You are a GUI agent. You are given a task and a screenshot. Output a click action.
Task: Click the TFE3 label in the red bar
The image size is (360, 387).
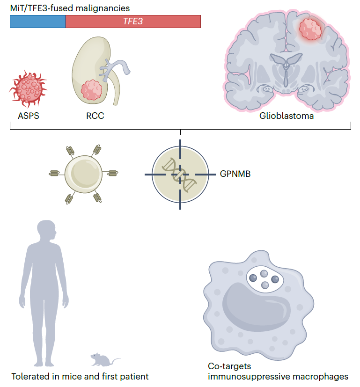[133, 21]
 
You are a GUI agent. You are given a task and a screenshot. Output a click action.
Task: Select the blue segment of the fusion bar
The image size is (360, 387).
[37, 22]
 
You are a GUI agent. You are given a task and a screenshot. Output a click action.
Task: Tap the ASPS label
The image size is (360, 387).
[29, 116]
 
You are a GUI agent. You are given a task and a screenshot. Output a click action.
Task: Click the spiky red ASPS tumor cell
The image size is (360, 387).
[28, 88]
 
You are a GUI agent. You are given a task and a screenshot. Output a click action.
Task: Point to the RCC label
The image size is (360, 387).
[95, 116]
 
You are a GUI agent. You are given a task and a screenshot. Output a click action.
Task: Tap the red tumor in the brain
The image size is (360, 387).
[310, 29]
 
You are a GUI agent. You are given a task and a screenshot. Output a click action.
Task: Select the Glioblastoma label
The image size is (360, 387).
[287, 116]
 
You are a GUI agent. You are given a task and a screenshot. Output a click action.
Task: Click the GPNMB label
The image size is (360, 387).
[235, 174]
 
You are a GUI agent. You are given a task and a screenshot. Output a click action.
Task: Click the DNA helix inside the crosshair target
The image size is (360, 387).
[179, 175]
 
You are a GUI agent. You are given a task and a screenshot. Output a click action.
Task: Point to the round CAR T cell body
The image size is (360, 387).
[83, 174]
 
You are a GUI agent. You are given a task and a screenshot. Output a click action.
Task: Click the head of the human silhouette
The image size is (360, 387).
[47, 230]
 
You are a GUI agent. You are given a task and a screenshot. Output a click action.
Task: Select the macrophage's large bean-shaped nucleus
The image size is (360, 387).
[256, 307]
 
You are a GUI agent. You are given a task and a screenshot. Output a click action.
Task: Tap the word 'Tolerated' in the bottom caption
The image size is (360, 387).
[30, 377]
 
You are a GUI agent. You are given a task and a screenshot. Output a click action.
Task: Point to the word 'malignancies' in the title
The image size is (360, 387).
[103, 8]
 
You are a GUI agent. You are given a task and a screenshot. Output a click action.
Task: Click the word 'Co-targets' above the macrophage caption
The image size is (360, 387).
[229, 366]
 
